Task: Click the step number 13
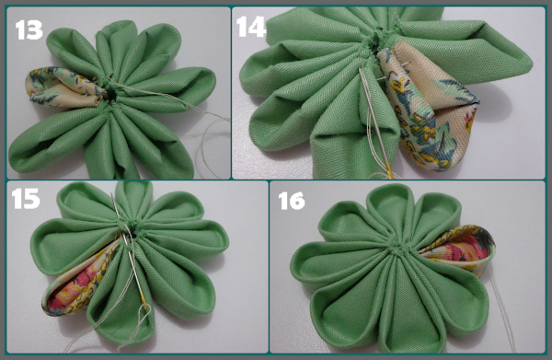tap(29, 29)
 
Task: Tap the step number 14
tap(250, 27)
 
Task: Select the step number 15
tap(26, 199)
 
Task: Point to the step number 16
tap(292, 201)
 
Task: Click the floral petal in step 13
tap(63, 87)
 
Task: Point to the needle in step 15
tap(130, 252)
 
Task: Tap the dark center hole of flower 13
tap(112, 94)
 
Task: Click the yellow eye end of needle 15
tap(144, 300)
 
